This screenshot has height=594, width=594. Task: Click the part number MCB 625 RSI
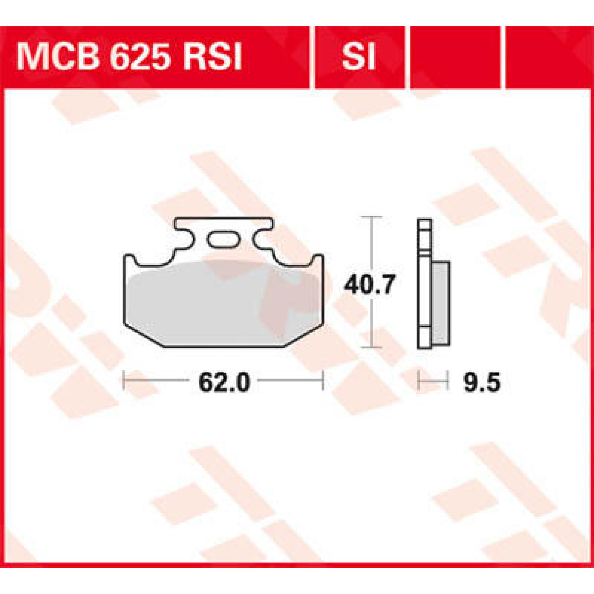point(130,58)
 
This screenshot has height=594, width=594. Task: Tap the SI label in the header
point(358,58)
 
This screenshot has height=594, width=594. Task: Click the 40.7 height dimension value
point(370,286)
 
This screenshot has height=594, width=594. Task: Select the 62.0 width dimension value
point(224,382)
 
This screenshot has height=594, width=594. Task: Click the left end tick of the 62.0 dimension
point(124,381)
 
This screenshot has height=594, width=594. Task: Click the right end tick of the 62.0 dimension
point(323,381)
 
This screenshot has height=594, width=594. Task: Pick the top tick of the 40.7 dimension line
point(372,217)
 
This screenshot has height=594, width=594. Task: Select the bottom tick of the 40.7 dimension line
point(372,347)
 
